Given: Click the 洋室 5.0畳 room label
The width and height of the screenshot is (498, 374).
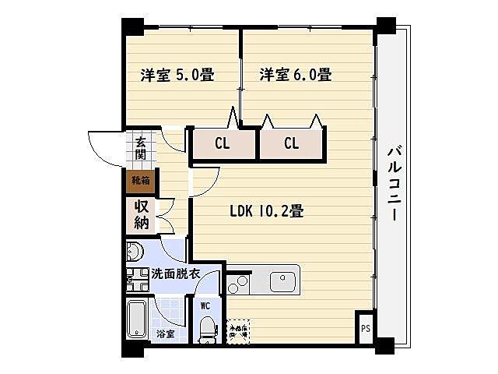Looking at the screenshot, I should pos(177,76).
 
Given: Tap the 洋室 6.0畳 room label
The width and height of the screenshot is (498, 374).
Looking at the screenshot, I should pos(296,76).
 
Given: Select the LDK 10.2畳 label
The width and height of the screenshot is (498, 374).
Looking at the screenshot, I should pos(266,211).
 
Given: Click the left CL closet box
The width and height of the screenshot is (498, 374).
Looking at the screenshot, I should pos(223,143).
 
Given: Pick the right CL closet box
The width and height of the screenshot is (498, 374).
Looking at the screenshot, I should pos(291,143).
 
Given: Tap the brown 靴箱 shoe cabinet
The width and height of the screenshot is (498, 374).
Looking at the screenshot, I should pos(141,182).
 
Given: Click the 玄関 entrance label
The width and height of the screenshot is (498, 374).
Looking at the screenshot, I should pos(141,148).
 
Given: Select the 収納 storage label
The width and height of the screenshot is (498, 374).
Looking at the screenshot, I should pos(141,214).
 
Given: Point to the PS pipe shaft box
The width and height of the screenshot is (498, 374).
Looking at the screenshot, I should pos(365,328).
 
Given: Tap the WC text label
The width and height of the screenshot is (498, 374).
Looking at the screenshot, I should pos(205,306).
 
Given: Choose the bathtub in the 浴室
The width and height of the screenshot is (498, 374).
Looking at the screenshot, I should pos(139,320).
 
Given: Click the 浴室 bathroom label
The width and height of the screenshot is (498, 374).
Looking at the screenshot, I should pos(165,333).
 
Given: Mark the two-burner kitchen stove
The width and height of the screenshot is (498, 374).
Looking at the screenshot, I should pos(237,284).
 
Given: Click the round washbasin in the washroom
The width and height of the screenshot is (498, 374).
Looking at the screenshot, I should pos(134,252).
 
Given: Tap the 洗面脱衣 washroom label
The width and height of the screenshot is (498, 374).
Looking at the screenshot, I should pos(176,274).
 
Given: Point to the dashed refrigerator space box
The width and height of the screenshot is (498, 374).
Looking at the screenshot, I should pos(238,330).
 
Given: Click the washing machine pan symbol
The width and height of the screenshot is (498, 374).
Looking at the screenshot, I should pos(138,278).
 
